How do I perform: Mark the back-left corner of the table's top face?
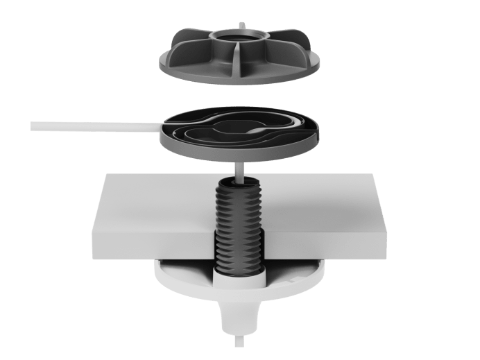(x=104, y=175)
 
